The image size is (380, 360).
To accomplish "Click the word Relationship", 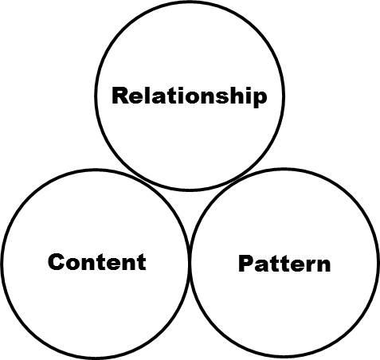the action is pyautogui.click(x=190, y=96).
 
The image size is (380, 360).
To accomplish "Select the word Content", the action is pyautogui.click(x=97, y=262).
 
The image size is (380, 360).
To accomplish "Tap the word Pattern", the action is pyautogui.click(x=284, y=263).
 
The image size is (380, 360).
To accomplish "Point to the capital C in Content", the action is pyautogui.click(x=57, y=262).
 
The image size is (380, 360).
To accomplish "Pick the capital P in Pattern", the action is pyautogui.click(x=246, y=263).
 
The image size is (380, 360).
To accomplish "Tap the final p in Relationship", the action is pyautogui.click(x=259, y=99).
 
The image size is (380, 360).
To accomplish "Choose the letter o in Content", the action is pyautogui.click(x=75, y=264).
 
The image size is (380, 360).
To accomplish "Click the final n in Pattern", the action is pyautogui.click(x=323, y=265).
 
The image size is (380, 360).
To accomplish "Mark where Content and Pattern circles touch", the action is pyautogui.click(x=190, y=263).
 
